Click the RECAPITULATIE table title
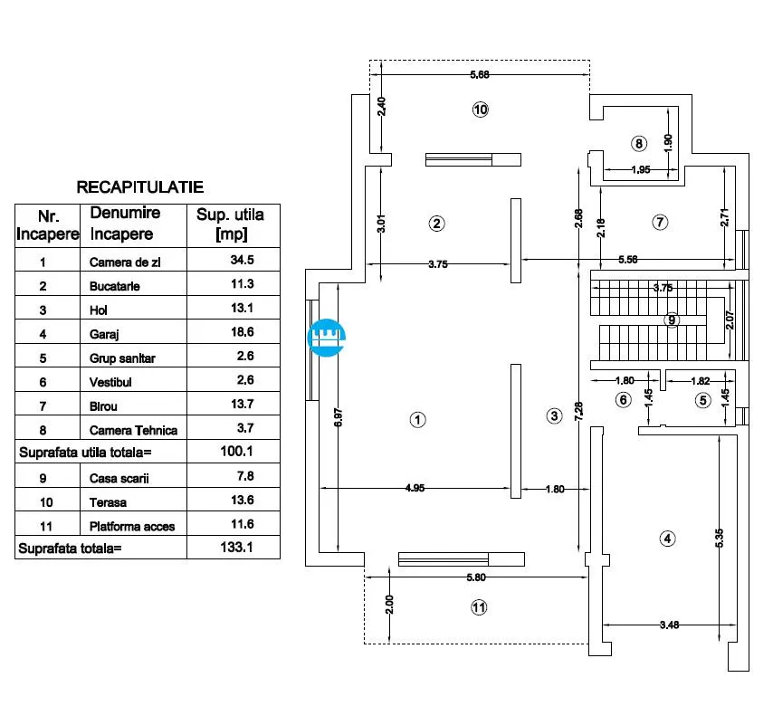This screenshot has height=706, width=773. (x=140, y=187)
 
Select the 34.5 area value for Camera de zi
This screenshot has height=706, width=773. (x=242, y=260)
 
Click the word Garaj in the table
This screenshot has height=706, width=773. (x=104, y=334)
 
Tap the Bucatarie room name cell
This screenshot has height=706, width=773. (x=114, y=286)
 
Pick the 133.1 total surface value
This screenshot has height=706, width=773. (x=236, y=548)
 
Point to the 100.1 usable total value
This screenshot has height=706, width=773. (x=236, y=451)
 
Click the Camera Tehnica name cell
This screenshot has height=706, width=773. (x=133, y=431)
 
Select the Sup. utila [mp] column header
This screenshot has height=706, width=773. (x=230, y=224)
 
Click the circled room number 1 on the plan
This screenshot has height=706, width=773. (x=417, y=420)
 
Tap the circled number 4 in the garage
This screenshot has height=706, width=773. (x=667, y=539)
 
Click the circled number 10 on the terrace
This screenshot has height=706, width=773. (x=480, y=110)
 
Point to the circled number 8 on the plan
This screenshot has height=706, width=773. (x=639, y=144)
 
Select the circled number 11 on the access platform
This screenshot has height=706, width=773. (x=479, y=607)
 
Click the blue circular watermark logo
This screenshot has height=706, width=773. (x=327, y=338)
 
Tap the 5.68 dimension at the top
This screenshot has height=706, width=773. (x=479, y=75)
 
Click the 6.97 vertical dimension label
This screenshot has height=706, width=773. (x=339, y=417)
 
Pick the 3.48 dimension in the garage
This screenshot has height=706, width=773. (x=670, y=625)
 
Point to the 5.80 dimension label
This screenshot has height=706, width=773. (x=476, y=577)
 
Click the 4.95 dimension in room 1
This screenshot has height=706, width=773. (x=415, y=488)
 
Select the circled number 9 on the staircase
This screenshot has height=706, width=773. (x=672, y=320)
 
